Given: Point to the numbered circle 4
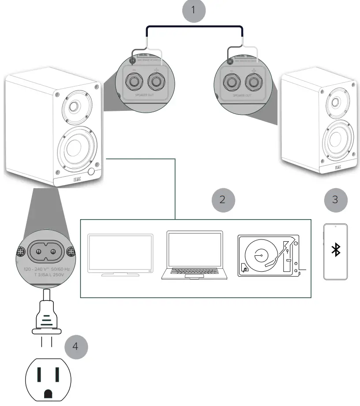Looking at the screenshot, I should click(x=75, y=346).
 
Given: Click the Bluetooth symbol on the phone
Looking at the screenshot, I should click(x=336, y=251).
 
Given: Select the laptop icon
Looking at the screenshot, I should click(x=195, y=255).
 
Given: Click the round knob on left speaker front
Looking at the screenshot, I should click(x=92, y=171).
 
